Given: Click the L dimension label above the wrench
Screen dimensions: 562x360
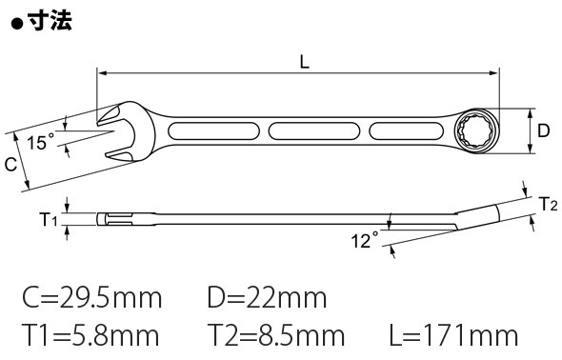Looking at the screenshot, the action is pos(304,63).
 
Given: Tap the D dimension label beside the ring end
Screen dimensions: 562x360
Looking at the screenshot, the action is pos(543,130).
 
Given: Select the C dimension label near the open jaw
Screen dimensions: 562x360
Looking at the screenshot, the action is pos(10,165).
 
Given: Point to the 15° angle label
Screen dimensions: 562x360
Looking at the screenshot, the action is pos(41,142).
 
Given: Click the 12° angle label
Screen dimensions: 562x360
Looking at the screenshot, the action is pos(365,240).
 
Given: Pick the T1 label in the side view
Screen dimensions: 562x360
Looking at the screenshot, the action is pos(48,219).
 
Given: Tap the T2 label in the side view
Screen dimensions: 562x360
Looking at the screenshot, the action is pos(549,204).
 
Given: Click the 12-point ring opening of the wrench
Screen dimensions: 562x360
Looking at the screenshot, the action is pos(475,131).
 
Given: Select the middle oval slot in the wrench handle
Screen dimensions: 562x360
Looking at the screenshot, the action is pos(314,131).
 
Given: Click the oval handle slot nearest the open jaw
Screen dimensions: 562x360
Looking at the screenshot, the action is pos(213,131).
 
